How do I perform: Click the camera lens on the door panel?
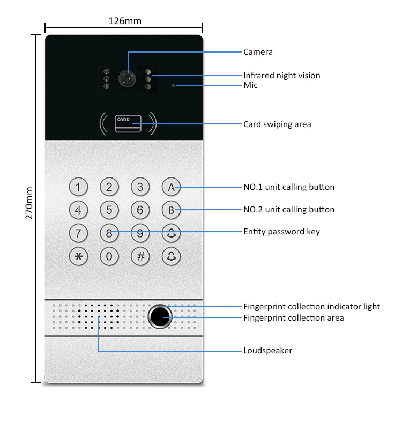coord(128,78)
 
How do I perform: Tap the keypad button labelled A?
coord(171,187)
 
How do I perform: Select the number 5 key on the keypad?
coord(109,210)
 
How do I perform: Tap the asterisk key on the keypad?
coord(78,256)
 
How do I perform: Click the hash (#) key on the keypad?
coord(140,256)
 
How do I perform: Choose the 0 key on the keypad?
coord(109,256)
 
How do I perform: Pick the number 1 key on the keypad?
coord(78,187)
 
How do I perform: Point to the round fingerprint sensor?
coord(160,316)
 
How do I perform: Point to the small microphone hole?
coord(173,85)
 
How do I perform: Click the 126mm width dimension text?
coord(125,21)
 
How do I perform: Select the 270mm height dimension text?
coord(29,203)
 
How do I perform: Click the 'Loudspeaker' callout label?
coord(267,351)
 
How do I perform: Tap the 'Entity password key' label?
coord(281,232)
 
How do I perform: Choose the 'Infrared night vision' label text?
coord(281,76)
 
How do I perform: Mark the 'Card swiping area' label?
coord(277,124)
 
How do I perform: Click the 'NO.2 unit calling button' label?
coord(289,210)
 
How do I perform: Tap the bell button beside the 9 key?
coord(171,233)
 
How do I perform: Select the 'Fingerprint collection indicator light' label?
coord(311,307)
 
